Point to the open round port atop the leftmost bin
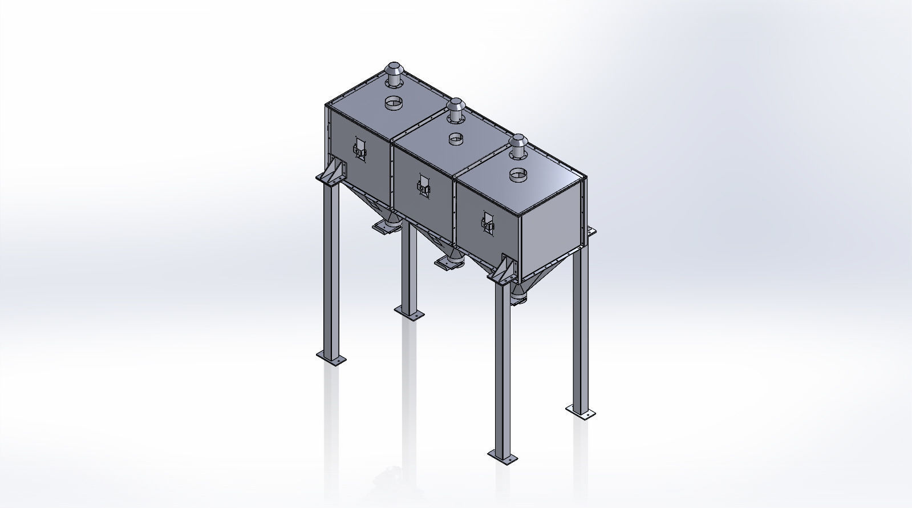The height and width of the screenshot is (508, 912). tap(392, 103)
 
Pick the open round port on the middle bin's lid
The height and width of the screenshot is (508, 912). tap(456, 139)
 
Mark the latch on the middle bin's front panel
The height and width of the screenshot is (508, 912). tap(423, 187)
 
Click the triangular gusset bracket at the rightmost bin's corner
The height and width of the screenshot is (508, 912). tap(505, 268)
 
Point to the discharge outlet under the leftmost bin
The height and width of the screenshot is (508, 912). tap(387, 223)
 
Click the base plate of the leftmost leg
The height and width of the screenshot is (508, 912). tap(331, 360)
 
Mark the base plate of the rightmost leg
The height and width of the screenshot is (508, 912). tap(581, 410)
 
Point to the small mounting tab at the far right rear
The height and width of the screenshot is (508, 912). tap(591, 231)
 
